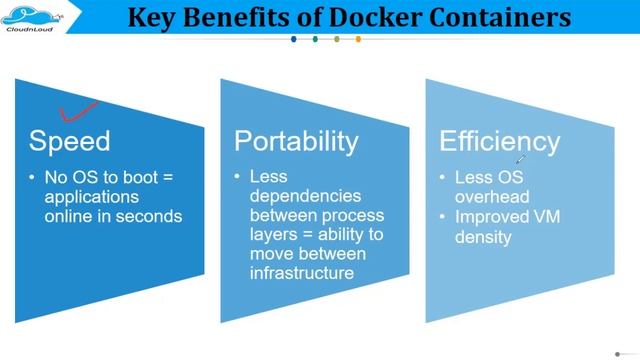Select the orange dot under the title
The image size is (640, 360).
(x=358, y=40)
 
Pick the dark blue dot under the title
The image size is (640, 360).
(x=293, y=40)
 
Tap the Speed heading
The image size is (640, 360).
(x=69, y=141)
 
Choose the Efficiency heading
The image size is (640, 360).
(x=501, y=141)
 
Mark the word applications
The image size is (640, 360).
(x=91, y=197)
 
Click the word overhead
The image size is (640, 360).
(x=492, y=197)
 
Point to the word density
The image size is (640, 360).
(x=484, y=237)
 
